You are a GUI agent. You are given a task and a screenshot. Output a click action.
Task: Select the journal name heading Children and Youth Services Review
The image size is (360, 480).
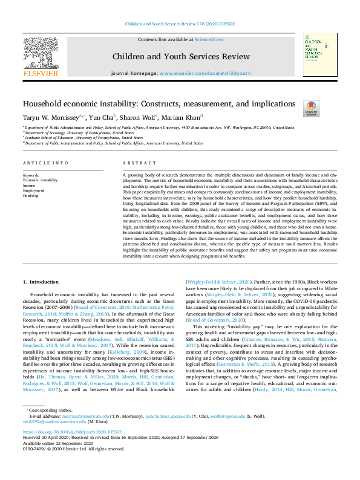pyautogui.click(x=180, y=56)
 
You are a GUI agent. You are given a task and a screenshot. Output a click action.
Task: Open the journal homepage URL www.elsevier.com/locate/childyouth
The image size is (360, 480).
pyautogui.click(x=206, y=73)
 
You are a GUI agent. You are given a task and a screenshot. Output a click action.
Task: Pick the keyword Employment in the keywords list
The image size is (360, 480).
pyautogui.click(x=33, y=190)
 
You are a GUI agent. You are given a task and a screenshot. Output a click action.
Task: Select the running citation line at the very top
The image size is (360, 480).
pyautogui.click(x=180, y=24)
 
